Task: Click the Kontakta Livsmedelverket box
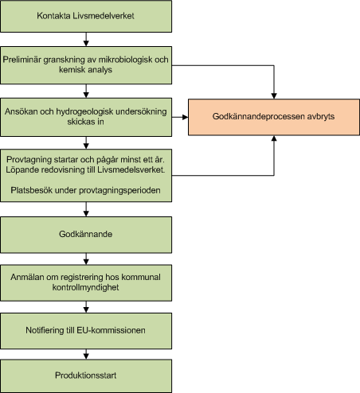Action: pyautogui.click(x=85, y=16)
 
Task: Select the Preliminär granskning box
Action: pyautogui.click(x=85, y=65)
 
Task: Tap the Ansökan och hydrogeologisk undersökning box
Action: pyautogui.click(x=85, y=115)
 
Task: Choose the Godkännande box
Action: pyautogui.click(x=85, y=235)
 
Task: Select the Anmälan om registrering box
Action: pyautogui.click(x=85, y=282)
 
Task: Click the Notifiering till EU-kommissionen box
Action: pyautogui.click(x=85, y=329)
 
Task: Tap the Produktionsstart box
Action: pyautogui.click(x=85, y=375)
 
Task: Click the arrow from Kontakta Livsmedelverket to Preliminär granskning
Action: pyautogui.click(x=85, y=39)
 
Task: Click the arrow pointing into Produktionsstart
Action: pyautogui.click(x=85, y=352)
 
